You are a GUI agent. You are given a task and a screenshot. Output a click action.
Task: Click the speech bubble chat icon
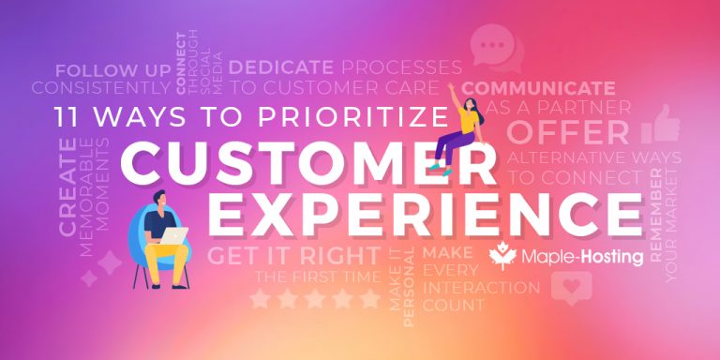click(x=489, y=43)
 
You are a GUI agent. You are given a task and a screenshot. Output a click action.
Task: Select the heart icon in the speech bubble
click(x=565, y=286)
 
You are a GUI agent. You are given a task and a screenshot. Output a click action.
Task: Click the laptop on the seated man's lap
click(x=172, y=237)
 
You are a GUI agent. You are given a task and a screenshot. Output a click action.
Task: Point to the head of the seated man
click(x=158, y=197)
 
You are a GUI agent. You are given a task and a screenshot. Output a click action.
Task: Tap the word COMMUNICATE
click(x=538, y=89)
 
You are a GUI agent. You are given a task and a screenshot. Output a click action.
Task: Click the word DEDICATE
click(x=280, y=67)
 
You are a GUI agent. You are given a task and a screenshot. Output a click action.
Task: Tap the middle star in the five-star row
click(x=316, y=299)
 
